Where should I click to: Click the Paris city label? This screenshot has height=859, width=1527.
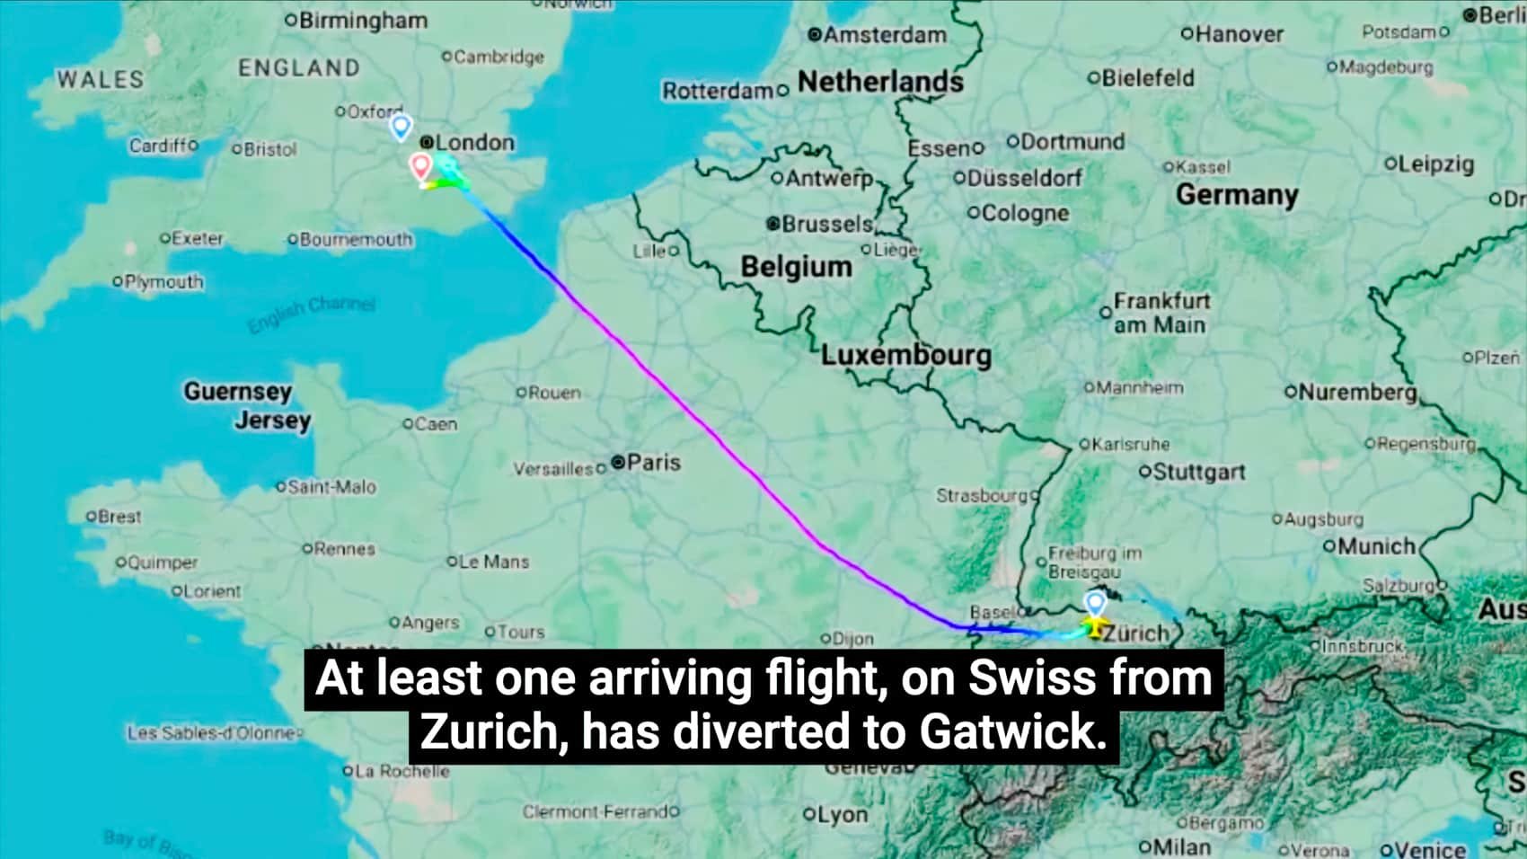pyautogui.click(x=653, y=462)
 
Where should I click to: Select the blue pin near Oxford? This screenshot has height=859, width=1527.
pyautogui.click(x=401, y=128)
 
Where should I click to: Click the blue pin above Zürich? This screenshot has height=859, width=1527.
pyautogui.click(x=1095, y=602)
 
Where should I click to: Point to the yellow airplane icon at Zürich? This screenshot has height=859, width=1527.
pyautogui.click(x=1094, y=627)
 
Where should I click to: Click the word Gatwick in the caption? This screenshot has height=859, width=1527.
pyautogui.click(x=1011, y=731)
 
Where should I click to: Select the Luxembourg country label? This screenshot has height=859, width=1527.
pyautogui.click(x=905, y=355)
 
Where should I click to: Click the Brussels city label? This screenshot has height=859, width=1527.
pyautogui.click(x=826, y=224)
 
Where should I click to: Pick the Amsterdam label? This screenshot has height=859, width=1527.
pyautogui.click(x=884, y=35)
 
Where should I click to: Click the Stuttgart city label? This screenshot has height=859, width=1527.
pyautogui.click(x=1198, y=472)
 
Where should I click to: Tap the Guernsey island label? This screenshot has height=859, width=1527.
pyautogui.click(x=238, y=392)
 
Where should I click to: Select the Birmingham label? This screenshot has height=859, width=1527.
pyautogui.click(x=362, y=20)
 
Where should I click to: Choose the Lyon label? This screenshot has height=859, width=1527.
pyautogui.click(x=843, y=815)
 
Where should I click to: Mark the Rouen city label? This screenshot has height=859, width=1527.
pyautogui.click(x=554, y=393)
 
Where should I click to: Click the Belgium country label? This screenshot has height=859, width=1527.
pyautogui.click(x=796, y=267)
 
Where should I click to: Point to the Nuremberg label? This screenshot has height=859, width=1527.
pyautogui.click(x=1356, y=393)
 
